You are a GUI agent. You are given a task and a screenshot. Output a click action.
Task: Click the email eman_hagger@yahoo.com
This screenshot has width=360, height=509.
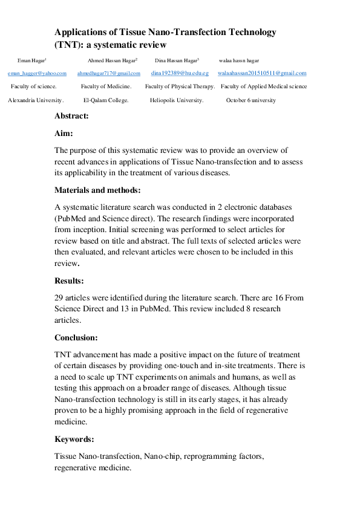[x=37, y=73]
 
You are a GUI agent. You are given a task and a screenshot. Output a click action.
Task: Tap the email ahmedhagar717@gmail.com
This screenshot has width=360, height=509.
[x=109, y=73]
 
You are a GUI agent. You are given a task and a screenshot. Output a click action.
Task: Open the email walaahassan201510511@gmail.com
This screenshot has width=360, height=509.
[x=261, y=73]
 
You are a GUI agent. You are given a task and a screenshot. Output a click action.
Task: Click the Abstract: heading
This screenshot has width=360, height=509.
[x=71, y=115]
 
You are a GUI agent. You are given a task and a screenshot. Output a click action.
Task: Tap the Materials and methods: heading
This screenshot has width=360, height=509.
[x=97, y=190]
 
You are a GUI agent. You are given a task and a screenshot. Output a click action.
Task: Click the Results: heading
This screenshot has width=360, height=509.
[x=70, y=281]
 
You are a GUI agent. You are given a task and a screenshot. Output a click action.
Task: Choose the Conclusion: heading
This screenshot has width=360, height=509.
[x=76, y=338]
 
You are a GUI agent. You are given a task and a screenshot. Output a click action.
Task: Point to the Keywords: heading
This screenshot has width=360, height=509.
[x=74, y=439]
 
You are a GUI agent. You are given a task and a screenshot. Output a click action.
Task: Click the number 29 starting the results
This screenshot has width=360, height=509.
[x=59, y=297]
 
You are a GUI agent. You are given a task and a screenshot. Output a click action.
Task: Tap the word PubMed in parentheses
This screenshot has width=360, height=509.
[x=73, y=218]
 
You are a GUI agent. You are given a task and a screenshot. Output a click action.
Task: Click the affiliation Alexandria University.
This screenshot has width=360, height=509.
[x=36, y=100]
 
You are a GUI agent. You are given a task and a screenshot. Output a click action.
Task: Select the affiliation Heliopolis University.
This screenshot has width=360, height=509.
[x=177, y=100]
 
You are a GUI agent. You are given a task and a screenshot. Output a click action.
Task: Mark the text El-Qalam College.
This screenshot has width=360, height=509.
[x=106, y=100]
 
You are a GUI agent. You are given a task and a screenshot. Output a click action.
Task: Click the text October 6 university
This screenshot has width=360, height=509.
[x=251, y=100]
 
